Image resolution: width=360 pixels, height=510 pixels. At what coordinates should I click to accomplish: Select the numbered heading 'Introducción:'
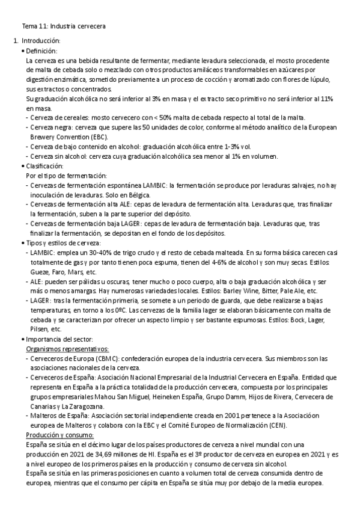click(40, 40)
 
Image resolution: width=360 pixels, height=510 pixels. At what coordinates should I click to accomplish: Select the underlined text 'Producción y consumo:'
click(60, 435)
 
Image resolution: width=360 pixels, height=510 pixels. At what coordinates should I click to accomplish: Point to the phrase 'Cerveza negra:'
click(53, 127)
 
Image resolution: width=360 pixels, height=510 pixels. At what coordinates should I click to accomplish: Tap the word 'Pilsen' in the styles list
click(39, 330)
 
